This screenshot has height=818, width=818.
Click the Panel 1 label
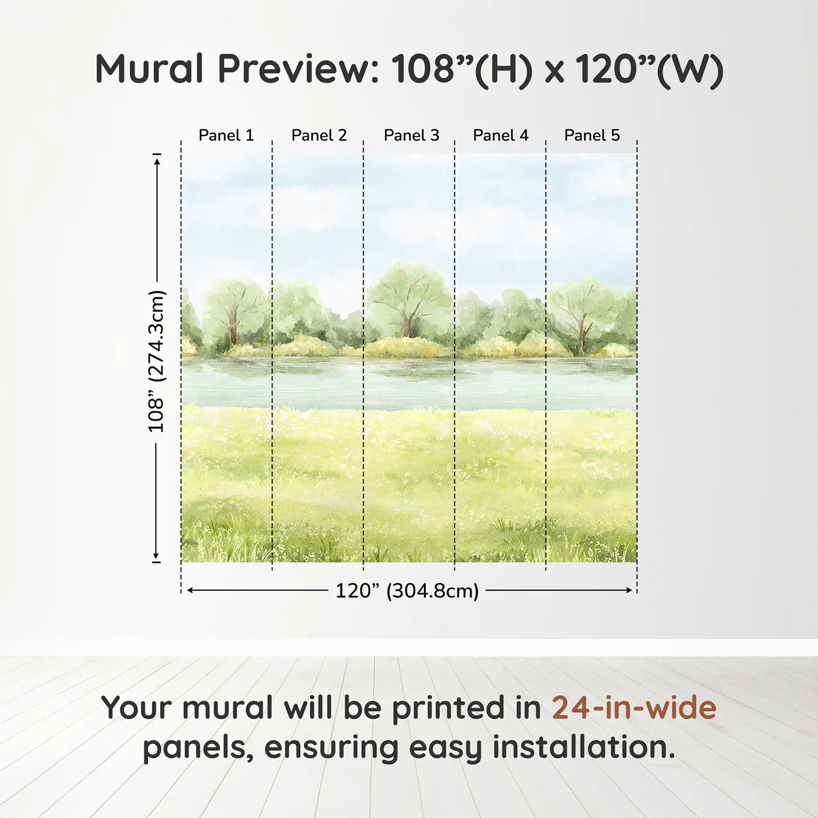(x=226, y=135)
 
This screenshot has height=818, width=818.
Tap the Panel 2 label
(x=318, y=135)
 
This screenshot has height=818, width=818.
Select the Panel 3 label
(x=411, y=135)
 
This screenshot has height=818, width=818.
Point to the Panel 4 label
(x=500, y=135)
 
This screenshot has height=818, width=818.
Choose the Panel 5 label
(x=591, y=135)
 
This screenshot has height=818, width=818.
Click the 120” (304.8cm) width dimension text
(x=407, y=591)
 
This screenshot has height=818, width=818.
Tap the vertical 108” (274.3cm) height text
(x=156, y=361)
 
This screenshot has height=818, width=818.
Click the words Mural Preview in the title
(x=237, y=69)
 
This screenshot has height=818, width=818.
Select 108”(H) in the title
(x=462, y=69)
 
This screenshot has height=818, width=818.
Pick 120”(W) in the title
(x=649, y=69)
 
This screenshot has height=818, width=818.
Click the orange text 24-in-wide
(x=634, y=708)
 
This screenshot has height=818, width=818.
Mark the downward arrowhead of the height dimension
(x=156, y=556)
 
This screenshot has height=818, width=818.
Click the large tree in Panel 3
(x=409, y=298)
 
